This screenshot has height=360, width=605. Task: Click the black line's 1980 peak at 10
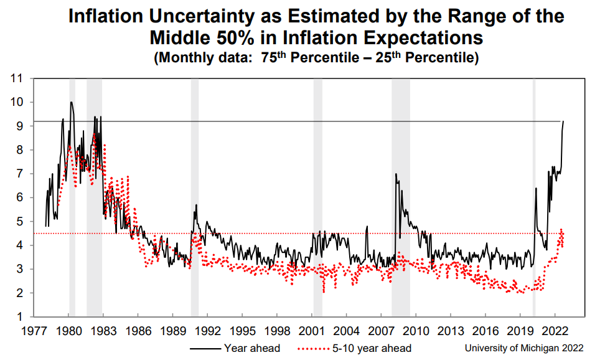tap(72, 102)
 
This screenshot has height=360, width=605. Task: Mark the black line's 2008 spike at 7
tap(396, 174)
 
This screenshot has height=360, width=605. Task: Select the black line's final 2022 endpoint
tap(563, 121)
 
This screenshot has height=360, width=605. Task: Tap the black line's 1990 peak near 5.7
tap(196, 205)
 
